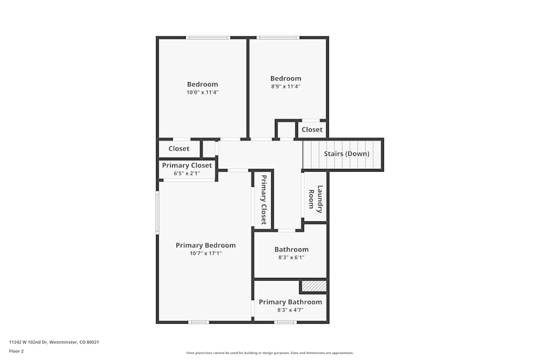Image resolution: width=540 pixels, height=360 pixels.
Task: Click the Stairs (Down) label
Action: coord(347,154)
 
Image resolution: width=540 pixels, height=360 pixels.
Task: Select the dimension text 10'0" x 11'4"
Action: coord(202,92)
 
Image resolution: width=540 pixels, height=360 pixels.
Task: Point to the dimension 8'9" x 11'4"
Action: coord(286,86)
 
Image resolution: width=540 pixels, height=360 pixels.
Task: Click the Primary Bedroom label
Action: coord(206,245)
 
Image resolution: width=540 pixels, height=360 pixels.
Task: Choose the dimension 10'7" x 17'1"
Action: coord(206,253)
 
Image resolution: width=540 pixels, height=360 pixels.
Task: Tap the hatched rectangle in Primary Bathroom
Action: coord(314,286)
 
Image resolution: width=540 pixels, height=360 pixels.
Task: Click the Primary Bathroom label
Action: coord(291,302)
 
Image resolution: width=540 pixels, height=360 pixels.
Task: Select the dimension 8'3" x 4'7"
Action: coord(291,310)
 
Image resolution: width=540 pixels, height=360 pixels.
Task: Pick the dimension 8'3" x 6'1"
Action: coord(292,257)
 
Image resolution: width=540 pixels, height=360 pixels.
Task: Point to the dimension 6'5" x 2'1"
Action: coord(187,173)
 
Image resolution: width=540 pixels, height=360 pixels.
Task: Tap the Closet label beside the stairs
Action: coord(312,130)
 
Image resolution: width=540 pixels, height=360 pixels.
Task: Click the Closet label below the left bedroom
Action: coord(179,148)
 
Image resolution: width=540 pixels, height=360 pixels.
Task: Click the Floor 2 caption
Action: coord(16,351)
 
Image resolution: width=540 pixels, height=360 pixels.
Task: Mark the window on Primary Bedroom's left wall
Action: coord(158,213)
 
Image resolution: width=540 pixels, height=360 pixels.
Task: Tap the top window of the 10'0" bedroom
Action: coord(208,38)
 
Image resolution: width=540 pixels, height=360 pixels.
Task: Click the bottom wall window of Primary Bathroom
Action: coord(285,322)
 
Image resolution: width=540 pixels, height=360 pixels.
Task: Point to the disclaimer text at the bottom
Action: coord(270,353)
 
